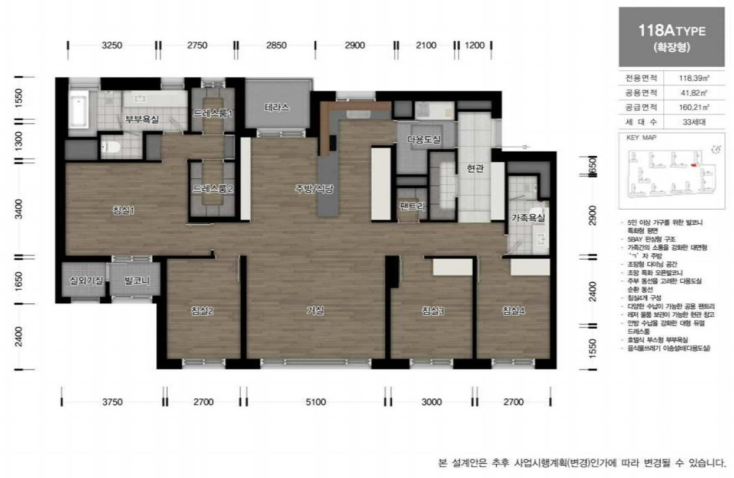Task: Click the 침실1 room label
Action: point(124,211)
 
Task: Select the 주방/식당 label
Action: point(314,189)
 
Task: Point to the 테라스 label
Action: point(277,108)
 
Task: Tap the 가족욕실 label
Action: point(527,218)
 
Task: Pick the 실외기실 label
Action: point(86,281)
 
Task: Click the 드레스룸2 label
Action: point(213,189)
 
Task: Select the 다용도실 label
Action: point(424,139)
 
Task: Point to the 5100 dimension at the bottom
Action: point(316,402)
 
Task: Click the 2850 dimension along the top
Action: point(276,45)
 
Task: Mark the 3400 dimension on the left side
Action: point(18,208)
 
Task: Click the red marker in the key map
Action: point(693,166)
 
